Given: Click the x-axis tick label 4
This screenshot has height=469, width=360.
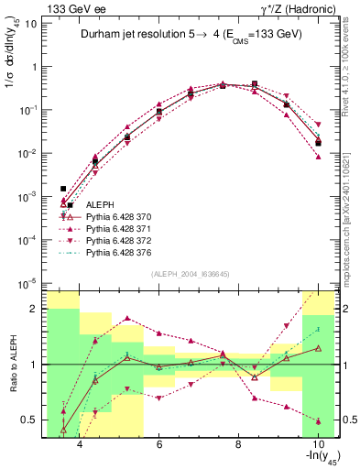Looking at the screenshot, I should pyautogui.click(x=81, y=444).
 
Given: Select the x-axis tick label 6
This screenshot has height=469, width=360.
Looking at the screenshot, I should pyautogui.click(x=159, y=444).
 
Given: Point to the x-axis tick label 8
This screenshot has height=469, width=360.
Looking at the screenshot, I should pyautogui.click(x=238, y=444).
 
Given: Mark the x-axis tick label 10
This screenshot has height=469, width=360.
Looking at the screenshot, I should pyautogui.click(x=317, y=444).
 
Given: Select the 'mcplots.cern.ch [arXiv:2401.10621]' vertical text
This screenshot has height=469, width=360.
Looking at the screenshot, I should pyautogui.click(x=351, y=215).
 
